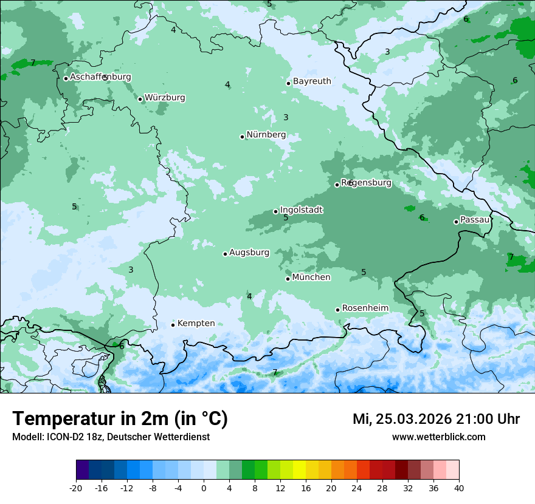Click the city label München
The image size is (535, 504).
pos(311,278)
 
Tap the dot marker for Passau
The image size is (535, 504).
pos(456,222)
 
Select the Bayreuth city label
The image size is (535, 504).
pos(312,81)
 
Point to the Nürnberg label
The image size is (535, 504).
pos(266,135)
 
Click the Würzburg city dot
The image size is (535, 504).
pos(140,99)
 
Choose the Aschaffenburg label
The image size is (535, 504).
pos(100,77)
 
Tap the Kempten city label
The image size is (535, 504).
pos(196,324)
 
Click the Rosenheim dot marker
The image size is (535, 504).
pos(337,310)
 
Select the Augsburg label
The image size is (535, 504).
pos(249,253)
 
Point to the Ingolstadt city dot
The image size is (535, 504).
pos(275,211)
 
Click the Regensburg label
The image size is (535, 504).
pos(366,183)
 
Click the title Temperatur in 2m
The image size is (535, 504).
pos(120,419)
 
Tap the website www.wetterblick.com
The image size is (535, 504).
pos(438,437)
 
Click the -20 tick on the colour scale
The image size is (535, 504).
pos(76,488)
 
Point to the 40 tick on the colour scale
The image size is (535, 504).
pos(458,488)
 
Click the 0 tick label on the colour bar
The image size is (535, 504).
pos(204,488)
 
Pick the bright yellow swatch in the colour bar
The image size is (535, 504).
pos(299,470)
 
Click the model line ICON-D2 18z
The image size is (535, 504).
pos(111,437)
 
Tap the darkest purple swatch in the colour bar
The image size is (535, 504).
pos(83,470)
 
